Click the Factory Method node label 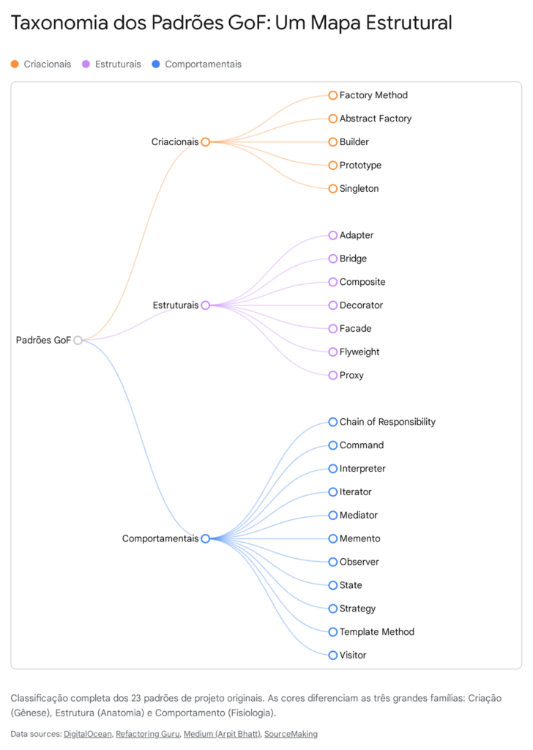(x=373, y=95)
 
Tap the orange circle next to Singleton (x=333, y=188)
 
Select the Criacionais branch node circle (x=206, y=142)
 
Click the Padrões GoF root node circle (x=78, y=340)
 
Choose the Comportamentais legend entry (x=203, y=64)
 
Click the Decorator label (x=361, y=305)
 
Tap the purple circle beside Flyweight (x=333, y=352)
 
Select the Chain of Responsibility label (x=387, y=422)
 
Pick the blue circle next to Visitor (x=333, y=655)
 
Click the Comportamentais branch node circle (x=206, y=538)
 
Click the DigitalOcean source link (x=87, y=733)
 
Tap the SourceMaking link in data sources (x=291, y=733)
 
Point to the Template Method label (x=376, y=631)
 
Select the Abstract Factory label (x=375, y=119)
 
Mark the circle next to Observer (x=333, y=562)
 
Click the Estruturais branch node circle (x=206, y=305)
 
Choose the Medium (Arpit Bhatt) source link (x=222, y=733)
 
